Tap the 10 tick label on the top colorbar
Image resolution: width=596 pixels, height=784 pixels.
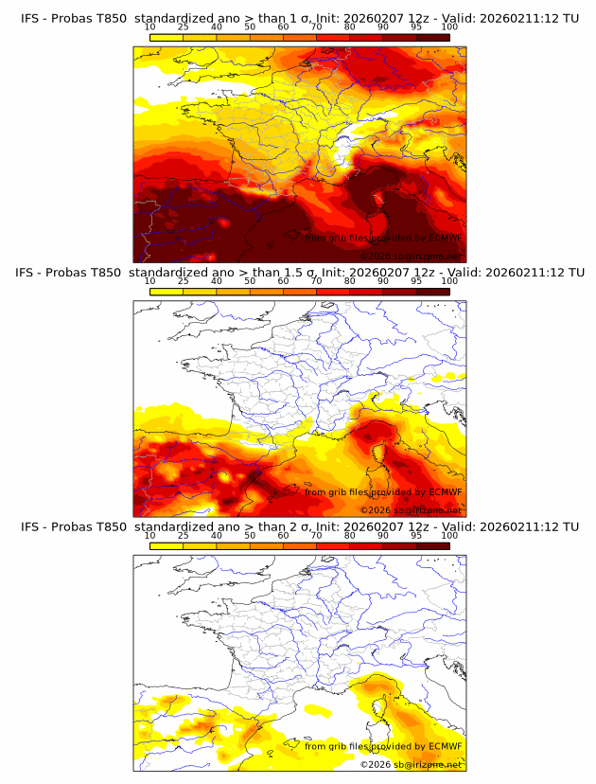coord(149,27)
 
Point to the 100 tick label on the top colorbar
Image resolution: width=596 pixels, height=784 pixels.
coord(449,27)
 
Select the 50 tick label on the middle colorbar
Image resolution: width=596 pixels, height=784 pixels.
coord(250,281)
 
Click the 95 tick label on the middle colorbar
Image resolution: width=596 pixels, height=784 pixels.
coord(416,281)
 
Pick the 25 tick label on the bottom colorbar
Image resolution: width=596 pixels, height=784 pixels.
coord(184,535)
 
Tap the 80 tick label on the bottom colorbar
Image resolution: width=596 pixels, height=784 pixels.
coord(350,535)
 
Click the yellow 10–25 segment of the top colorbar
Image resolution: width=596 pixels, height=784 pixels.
coord(167,37)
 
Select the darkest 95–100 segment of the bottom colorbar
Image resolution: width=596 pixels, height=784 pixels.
coord(432,545)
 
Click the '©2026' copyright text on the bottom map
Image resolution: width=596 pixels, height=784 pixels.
coord(376,764)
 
